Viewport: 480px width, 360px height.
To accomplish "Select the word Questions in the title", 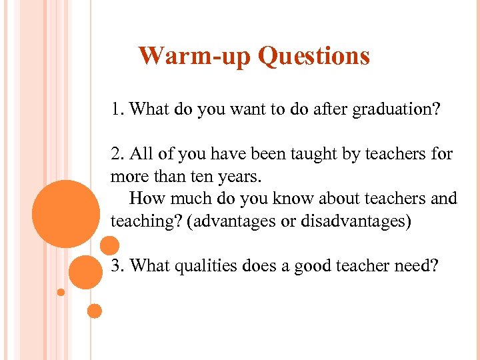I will [x=313, y=56].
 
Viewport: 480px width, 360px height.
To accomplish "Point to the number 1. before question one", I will [x=119, y=109].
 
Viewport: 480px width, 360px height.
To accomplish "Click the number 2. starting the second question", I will [x=119, y=155].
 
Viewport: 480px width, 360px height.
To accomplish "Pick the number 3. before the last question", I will [x=119, y=266].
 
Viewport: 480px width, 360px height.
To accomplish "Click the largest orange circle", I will [x=65, y=213].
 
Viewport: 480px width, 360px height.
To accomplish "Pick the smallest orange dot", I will [x=61, y=292].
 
